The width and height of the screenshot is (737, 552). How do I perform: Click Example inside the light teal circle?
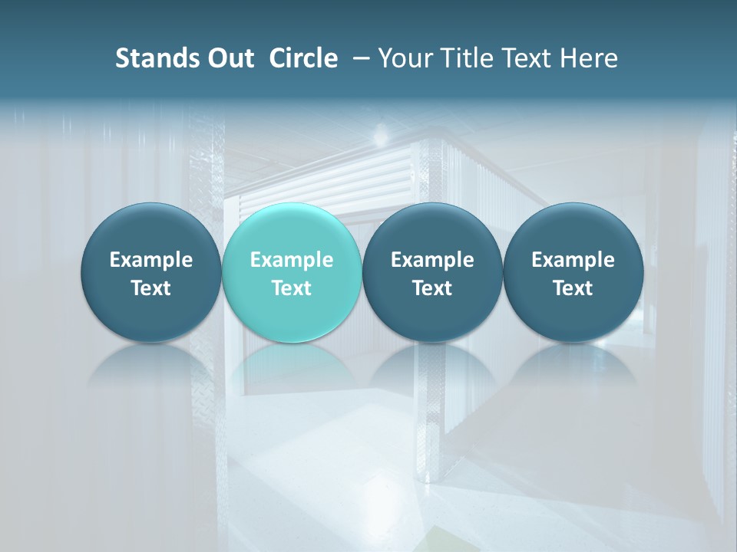click(292, 260)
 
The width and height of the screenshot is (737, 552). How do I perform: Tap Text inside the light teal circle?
click(292, 288)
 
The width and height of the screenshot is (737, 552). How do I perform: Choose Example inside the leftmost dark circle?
click(151, 260)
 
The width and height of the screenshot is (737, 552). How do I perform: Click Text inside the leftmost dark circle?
click(151, 288)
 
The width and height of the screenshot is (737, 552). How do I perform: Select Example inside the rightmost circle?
click(573, 260)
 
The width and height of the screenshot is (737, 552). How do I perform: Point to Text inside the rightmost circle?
click(573, 288)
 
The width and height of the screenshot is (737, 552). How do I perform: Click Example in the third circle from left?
click(432, 260)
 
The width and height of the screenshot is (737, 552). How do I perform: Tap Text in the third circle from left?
click(432, 288)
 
